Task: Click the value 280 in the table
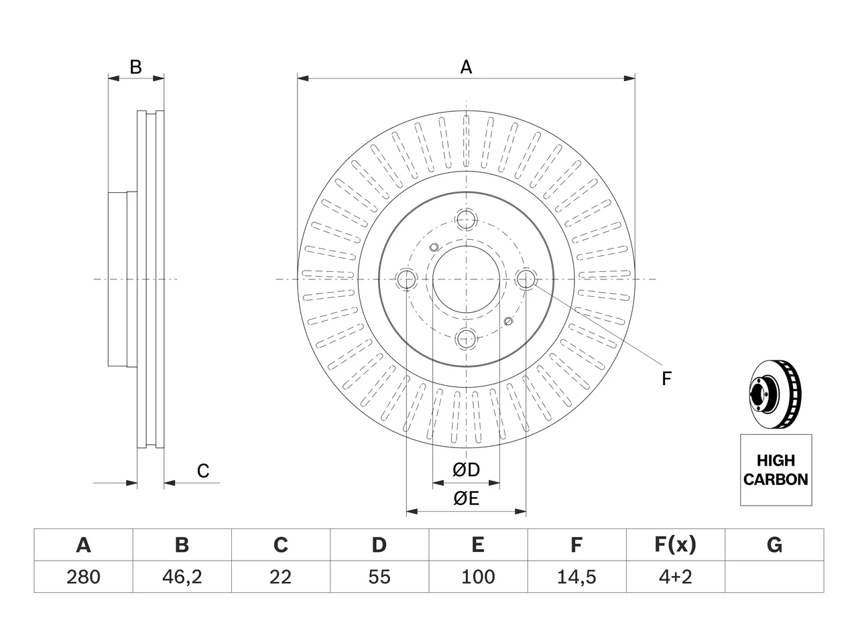click(x=83, y=577)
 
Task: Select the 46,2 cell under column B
click(x=182, y=577)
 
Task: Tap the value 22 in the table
click(x=280, y=577)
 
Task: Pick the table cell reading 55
click(x=379, y=577)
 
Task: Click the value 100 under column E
click(x=478, y=577)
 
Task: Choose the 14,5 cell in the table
click(x=576, y=577)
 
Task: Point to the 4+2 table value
click(x=676, y=577)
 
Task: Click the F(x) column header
click(x=676, y=545)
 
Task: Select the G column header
click(x=774, y=545)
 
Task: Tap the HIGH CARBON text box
click(x=776, y=470)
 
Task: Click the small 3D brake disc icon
click(x=775, y=394)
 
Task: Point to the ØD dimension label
click(x=466, y=470)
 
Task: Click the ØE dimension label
click(x=466, y=498)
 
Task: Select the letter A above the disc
click(x=466, y=67)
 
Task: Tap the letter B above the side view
click(x=135, y=67)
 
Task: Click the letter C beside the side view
click(x=203, y=471)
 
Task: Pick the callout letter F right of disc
click(x=666, y=378)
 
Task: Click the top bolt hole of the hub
click(x=466, y=220)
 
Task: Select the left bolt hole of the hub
click(x=406, y=279)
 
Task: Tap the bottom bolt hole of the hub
click(x=466, y=338)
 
